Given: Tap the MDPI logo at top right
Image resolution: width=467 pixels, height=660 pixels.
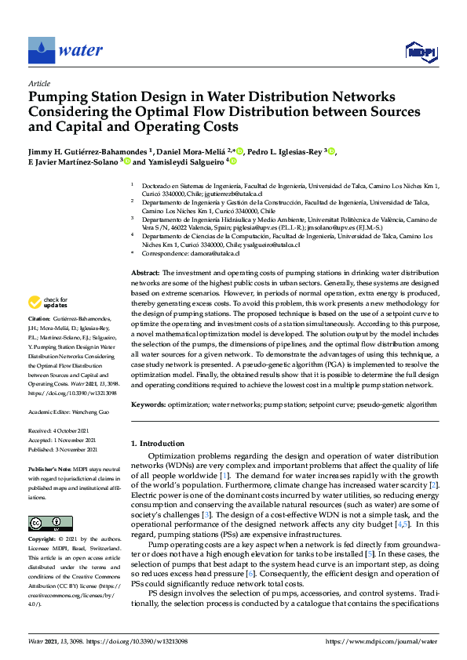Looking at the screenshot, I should [x=421, y=52].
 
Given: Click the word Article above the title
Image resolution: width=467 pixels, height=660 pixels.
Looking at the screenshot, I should [x=38, y=84].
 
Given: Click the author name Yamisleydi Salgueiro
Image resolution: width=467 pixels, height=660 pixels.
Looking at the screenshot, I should [x=185, y=162].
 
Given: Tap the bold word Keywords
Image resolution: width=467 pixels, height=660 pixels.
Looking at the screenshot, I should [x=149, y=405].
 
